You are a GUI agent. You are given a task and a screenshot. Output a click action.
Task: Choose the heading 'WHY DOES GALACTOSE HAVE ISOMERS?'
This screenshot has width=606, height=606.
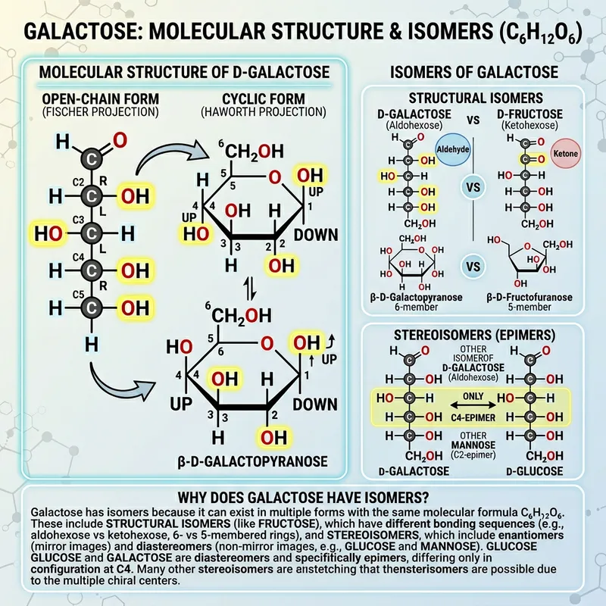tap(303, 498)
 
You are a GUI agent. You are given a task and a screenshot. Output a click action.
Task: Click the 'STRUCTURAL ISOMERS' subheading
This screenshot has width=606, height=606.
tap(474, 99)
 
